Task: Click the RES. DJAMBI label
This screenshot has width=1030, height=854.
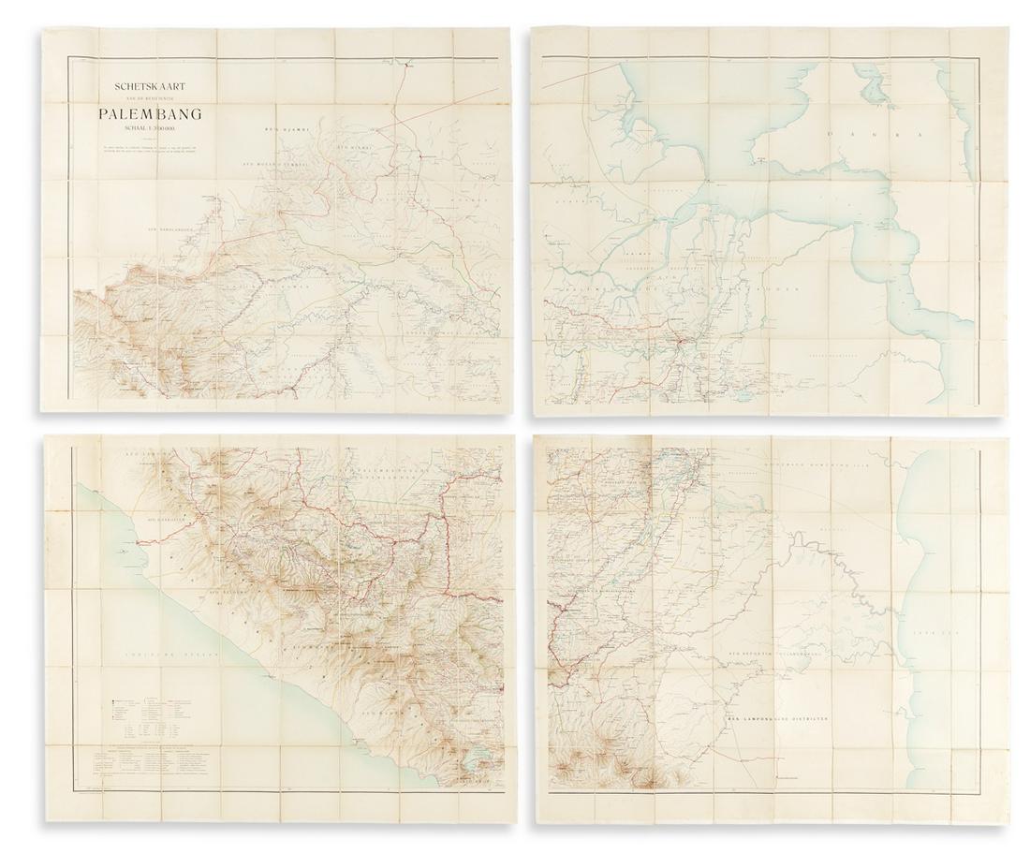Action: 285,128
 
